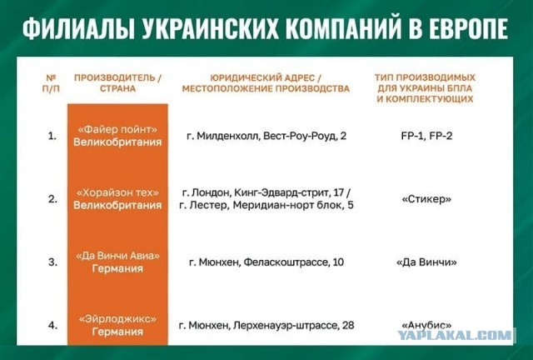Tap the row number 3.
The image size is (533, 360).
pyautogui.click(x=52, y=262)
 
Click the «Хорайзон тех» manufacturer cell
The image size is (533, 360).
pyautogui.click(x=117, y=198)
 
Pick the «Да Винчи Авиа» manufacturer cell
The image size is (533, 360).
pyautogui.click(x=117, y=262)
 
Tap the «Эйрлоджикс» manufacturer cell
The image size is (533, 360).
pyautogui.click(x=117, y=324)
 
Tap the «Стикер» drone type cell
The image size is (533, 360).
pyautogui.click(x=426, y=198)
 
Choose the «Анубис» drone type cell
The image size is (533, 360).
pyautogui.click(x=426, y=324)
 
